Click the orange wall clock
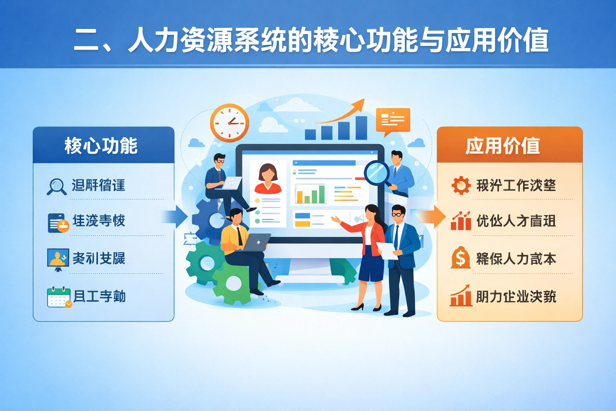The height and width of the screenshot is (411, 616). point(229,123)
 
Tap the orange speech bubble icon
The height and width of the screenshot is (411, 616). point(393,120)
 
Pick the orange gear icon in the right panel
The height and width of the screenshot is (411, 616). point(460,185)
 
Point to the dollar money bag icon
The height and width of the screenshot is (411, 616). point(460,258)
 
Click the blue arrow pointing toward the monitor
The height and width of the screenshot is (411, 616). point(176,217)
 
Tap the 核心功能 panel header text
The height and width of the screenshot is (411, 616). point(101,145)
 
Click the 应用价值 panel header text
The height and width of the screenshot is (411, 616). point(503,145)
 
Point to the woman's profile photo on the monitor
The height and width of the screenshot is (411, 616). point(267,178)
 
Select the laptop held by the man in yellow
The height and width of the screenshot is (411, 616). point(257,242)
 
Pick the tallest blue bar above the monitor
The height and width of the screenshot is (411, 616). point(361,128)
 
